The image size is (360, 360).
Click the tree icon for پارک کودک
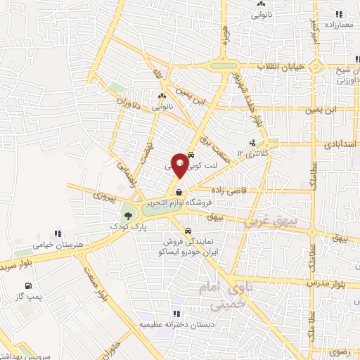[x=127, y=216]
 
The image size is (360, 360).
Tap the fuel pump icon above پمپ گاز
[x=28, y=285]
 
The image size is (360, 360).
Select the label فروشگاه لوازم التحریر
[x=180, y=203]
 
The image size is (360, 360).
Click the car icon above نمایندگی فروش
[x=188, y=230]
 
